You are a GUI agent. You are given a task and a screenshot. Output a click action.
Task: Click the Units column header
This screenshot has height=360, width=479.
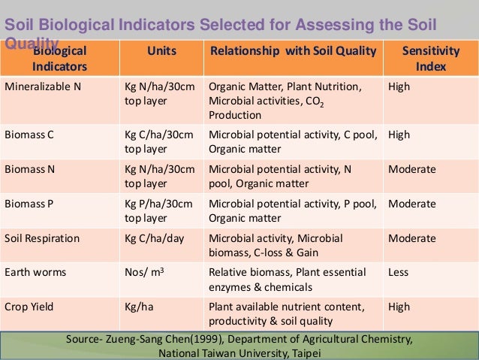pos(158,52)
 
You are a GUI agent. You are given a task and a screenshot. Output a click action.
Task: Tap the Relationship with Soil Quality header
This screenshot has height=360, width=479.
pos(293,52)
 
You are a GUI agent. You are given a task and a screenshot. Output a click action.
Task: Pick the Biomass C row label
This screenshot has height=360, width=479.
pos(30,135)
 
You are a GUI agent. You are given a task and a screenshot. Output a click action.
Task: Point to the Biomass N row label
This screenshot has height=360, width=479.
pos(30,169)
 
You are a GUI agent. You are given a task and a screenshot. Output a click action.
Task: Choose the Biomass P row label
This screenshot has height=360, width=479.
pos(30,204)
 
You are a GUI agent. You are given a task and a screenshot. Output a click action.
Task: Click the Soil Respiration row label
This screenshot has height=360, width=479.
pos(42,238)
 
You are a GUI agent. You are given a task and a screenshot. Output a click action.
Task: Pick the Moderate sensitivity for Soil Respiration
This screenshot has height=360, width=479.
pos(411,238)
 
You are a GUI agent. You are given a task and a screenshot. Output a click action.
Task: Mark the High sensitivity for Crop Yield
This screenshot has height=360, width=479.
pos(399,307)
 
